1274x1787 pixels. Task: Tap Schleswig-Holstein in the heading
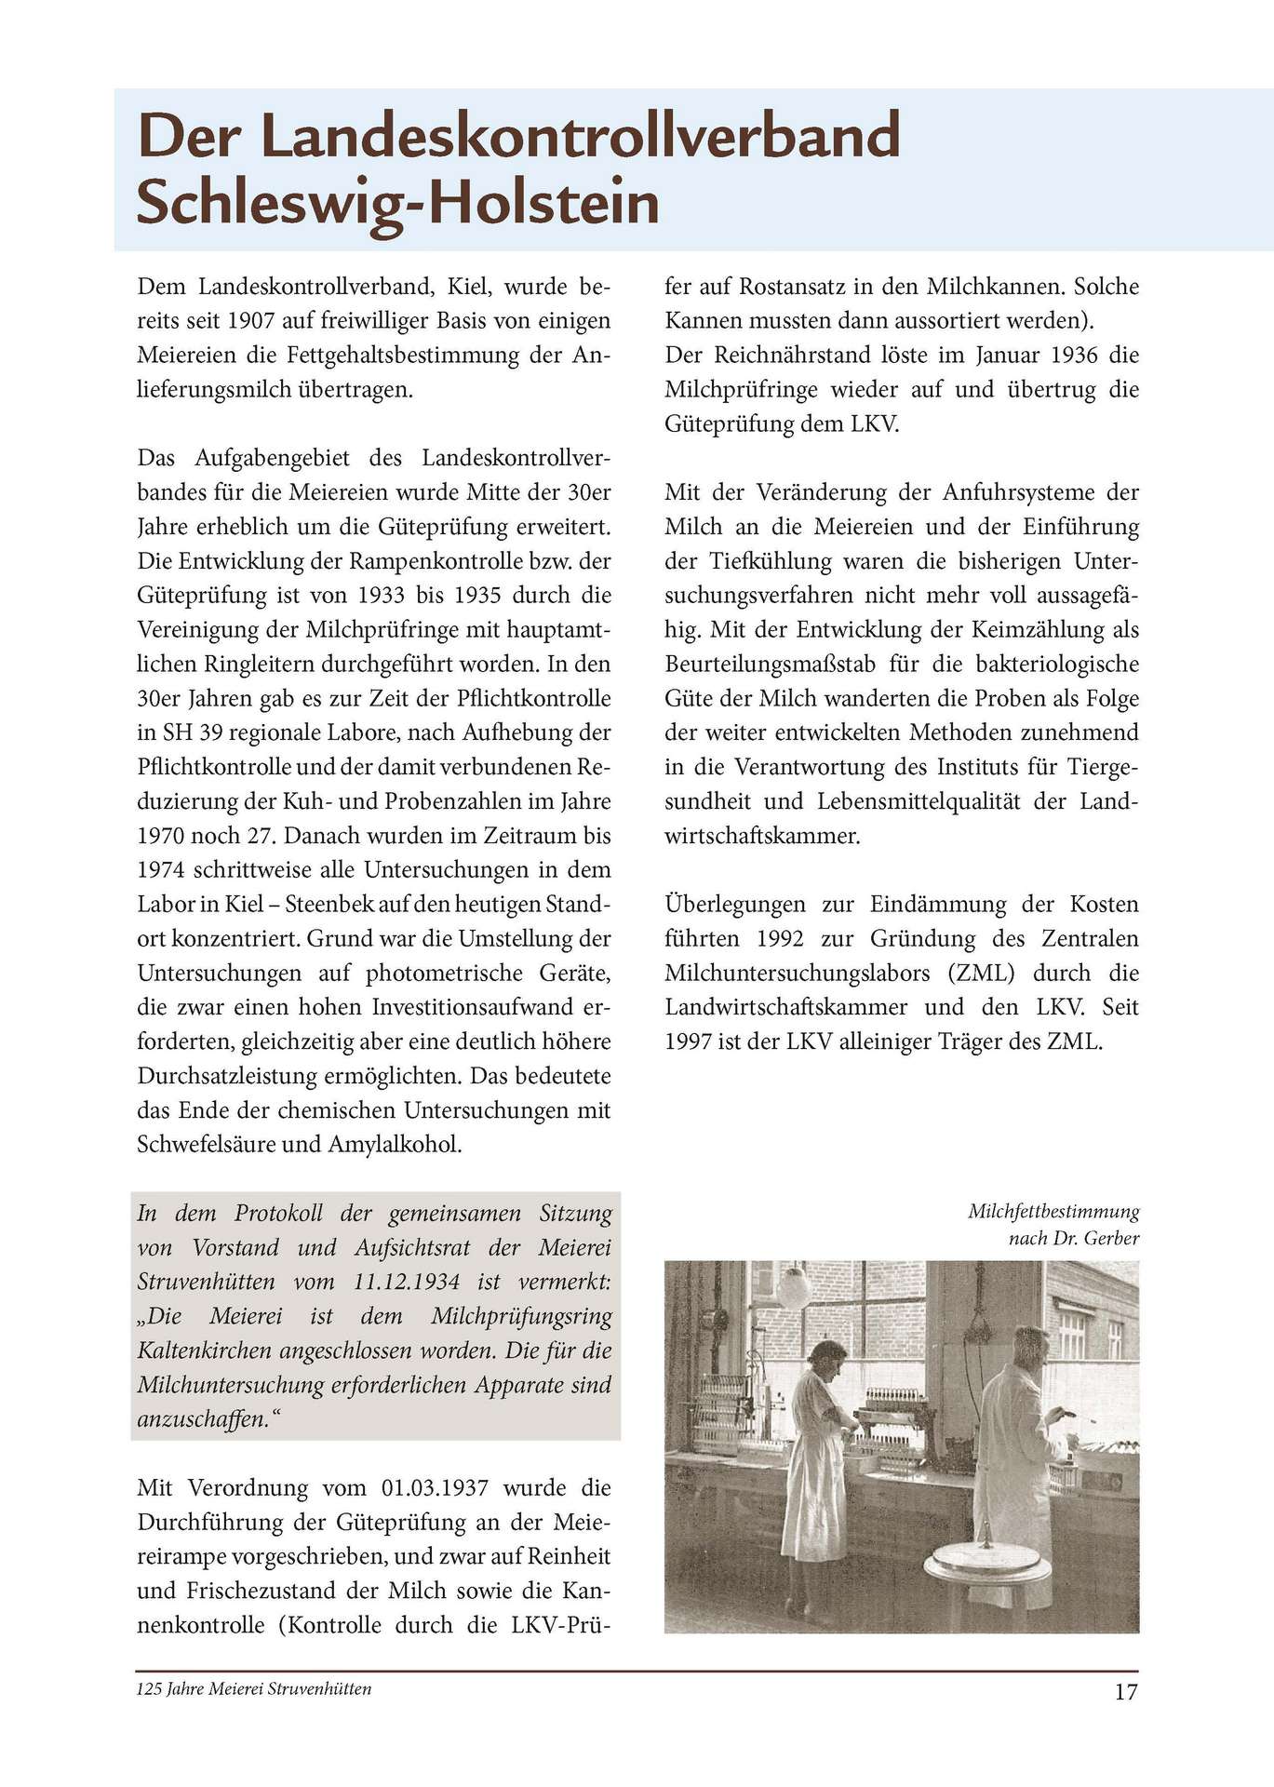398,204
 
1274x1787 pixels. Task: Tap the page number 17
1125,1692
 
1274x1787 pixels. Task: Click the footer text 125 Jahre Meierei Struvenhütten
254,1689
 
